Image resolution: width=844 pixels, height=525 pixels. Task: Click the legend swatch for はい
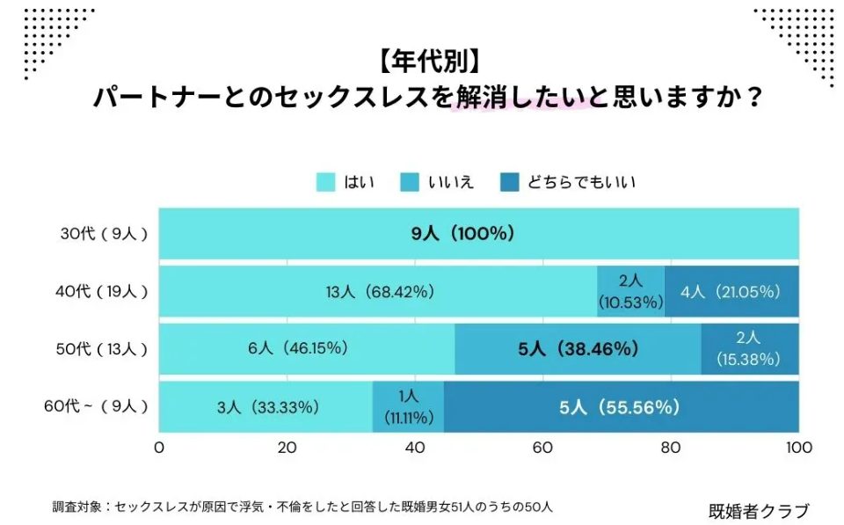(327, 182)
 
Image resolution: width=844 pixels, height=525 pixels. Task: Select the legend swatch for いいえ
(411, 182)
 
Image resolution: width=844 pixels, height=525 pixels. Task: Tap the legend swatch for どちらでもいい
(511, 182)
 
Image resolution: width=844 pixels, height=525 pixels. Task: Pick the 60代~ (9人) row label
(95, 406)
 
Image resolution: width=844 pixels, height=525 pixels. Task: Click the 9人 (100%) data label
(464, 234)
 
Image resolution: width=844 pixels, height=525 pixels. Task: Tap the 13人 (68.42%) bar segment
(378, 291)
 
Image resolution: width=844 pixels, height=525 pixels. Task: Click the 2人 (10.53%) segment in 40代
(630, 291)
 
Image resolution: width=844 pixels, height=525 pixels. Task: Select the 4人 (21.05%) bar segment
(731, 291)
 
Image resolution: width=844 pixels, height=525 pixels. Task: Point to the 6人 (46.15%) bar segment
(307, 349)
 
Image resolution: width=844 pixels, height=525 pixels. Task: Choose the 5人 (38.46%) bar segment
(578, 349)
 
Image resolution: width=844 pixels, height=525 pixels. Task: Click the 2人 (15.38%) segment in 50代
(750, 349)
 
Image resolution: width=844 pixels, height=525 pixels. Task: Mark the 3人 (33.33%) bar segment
(266, 406)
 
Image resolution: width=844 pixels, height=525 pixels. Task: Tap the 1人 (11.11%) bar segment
(408, 406)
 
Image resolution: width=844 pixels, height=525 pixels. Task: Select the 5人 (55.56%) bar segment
(621, 406)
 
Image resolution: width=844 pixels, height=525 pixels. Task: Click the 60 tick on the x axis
(542, 448)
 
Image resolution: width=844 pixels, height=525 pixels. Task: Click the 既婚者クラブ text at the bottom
(758, 510)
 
